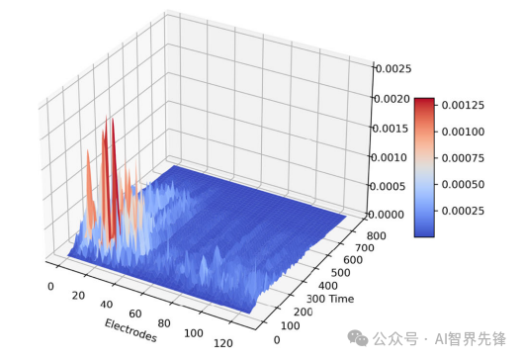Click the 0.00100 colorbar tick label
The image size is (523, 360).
click(x=462, y=132)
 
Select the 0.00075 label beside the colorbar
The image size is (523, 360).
click(x=462, y=158)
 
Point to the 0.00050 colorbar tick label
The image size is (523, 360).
click(x=462, y=185)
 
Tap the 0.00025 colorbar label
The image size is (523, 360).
click(x=462, y=212)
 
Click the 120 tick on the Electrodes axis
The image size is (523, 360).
click(x=223, y=342)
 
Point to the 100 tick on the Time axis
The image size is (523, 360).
click(x=292, y=325)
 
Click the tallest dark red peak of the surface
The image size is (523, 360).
click(x=113, y=123)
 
